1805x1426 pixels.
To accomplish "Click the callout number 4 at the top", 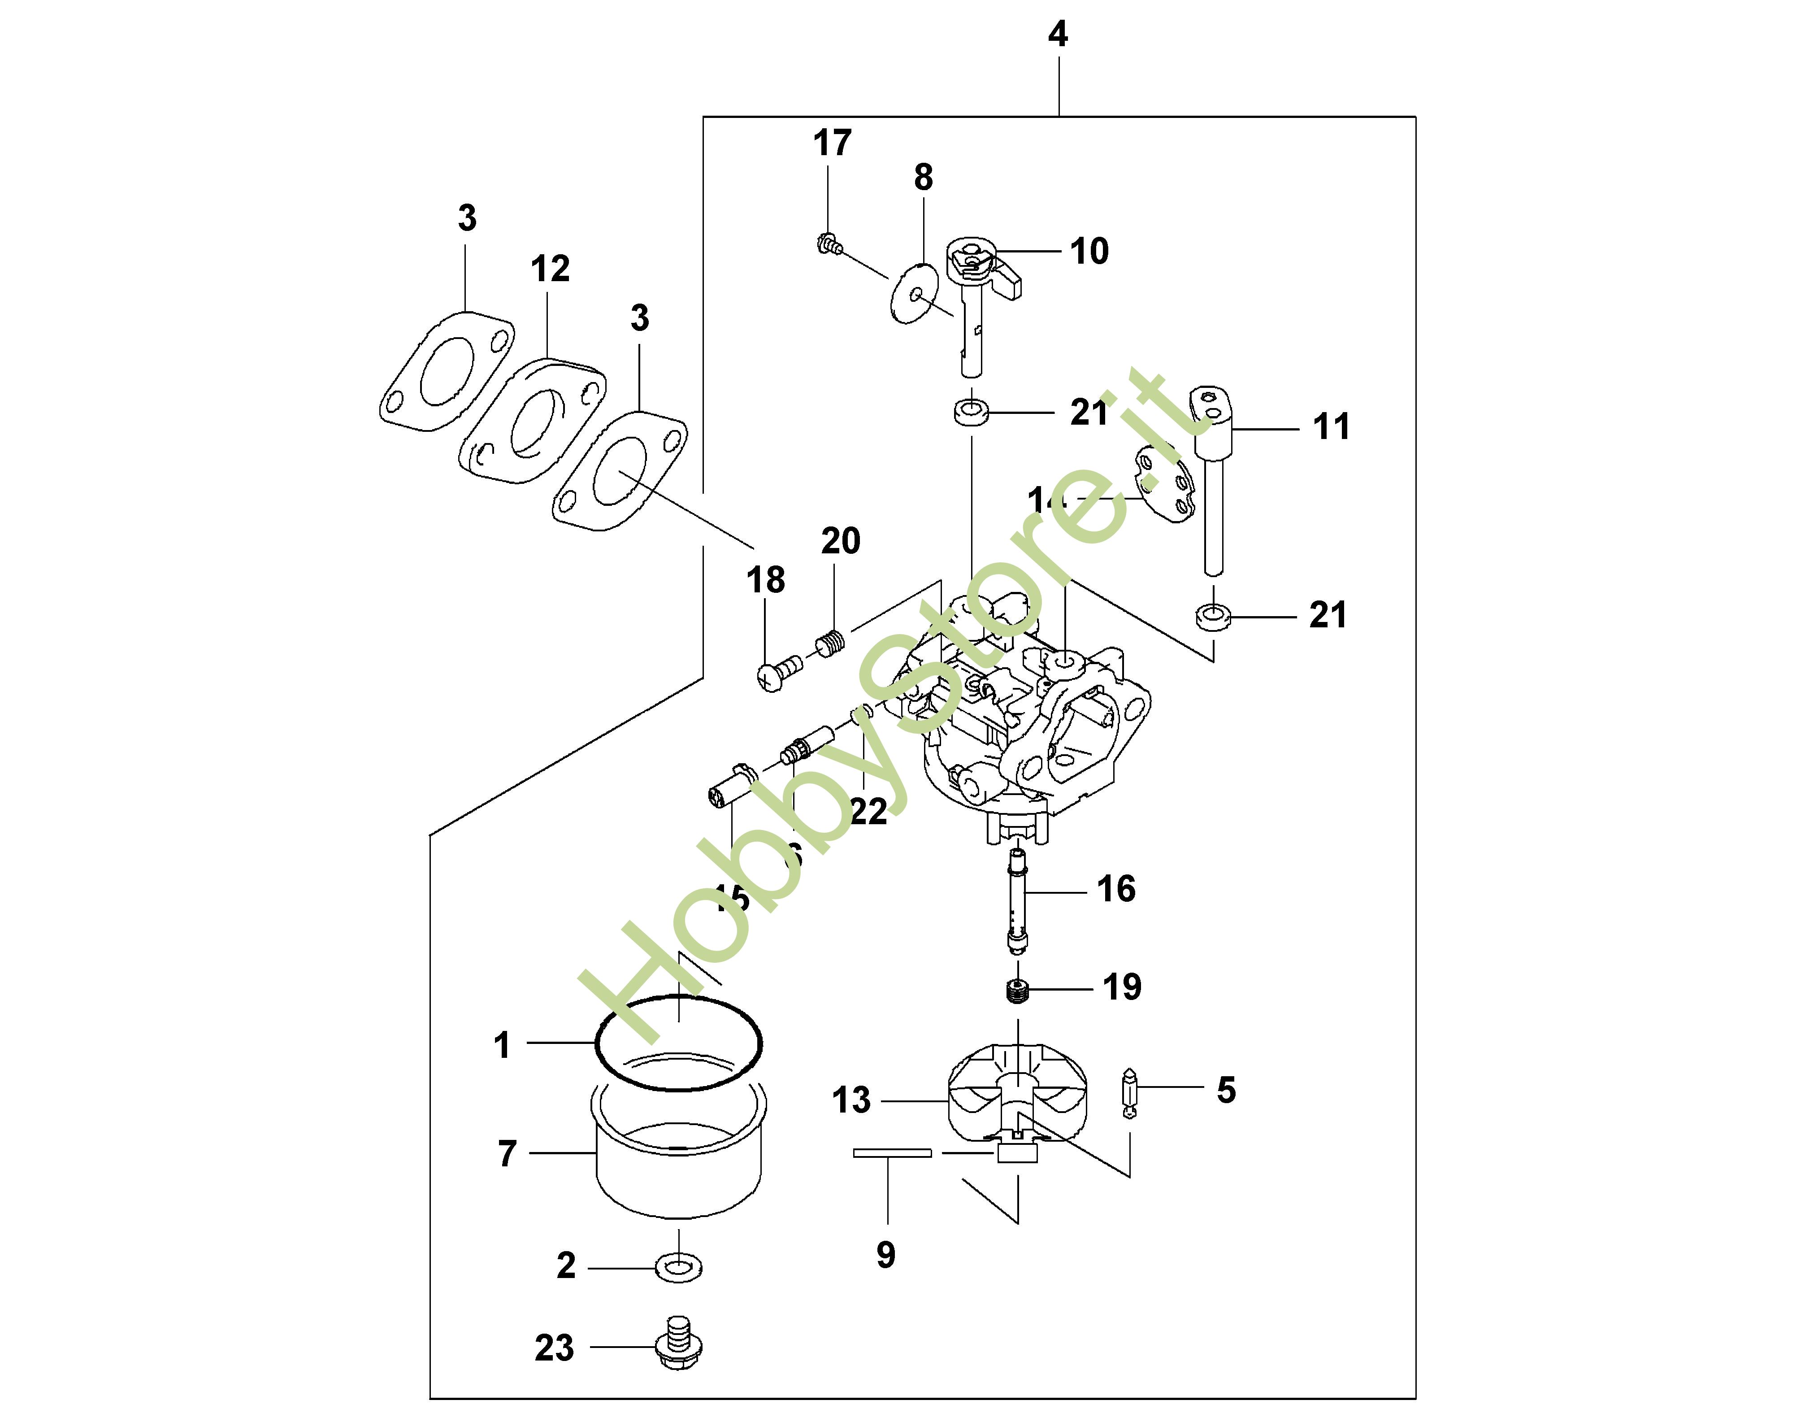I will point(1057,35).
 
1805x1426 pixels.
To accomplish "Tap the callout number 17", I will point(832,143).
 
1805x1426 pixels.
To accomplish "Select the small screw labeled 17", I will point(827,244).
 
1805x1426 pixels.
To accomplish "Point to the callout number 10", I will point(1089,251).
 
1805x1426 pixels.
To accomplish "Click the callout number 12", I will point(550,269).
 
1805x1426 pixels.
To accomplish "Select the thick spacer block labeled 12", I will point(532,422).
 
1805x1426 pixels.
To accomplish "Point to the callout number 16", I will point(1116,889).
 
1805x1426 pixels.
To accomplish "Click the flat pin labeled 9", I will point(891,1153).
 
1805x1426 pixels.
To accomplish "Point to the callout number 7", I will point(508,1154).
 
